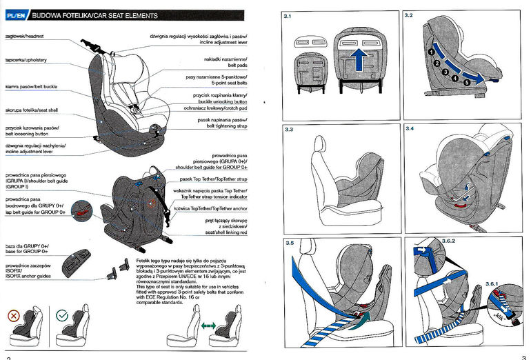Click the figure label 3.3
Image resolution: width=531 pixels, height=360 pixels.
(x=289, y=130)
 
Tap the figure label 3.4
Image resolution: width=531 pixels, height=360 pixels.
(x=410, y=130)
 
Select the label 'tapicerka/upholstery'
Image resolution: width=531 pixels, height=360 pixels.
(x=26, y=60)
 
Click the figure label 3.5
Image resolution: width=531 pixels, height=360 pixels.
(x=289, y=243)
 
